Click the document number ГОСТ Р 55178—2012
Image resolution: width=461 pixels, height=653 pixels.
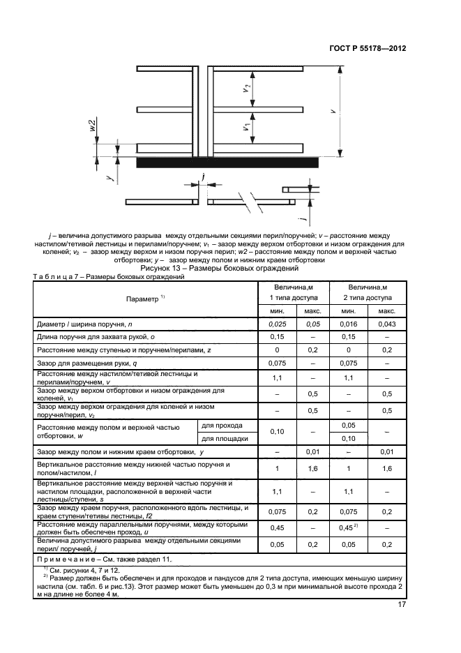(368, 49)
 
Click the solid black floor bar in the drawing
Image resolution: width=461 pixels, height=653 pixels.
(227, 163)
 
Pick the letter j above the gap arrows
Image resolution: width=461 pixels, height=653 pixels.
(202, 177)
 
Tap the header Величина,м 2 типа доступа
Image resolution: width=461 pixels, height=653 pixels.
(368, 292)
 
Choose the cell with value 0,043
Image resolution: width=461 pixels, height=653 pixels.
(386, 324)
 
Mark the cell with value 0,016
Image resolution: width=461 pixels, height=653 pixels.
(349, 324)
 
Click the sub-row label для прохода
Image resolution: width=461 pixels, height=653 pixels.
(222, 425)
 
